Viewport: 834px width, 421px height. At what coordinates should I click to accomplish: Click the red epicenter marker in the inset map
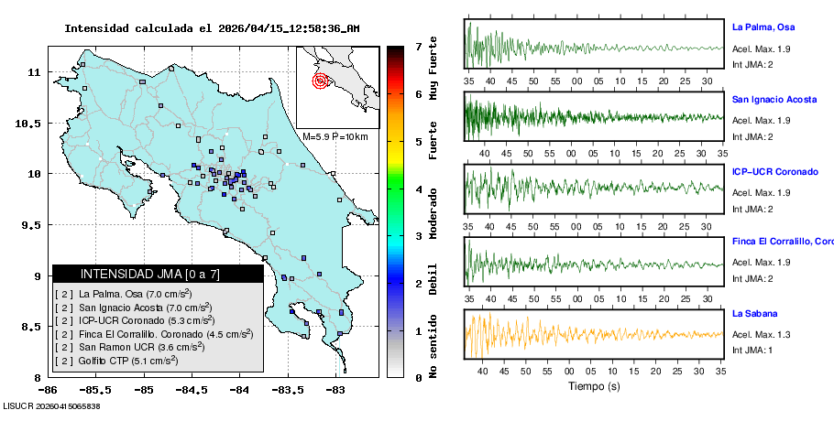[x=320, y=81]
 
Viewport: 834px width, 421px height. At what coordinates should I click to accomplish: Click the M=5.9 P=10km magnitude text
[x=335, y=136]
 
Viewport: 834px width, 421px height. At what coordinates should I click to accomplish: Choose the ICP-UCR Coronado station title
[x=774, y=172]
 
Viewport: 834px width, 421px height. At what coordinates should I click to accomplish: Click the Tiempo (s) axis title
[x=594, y=386]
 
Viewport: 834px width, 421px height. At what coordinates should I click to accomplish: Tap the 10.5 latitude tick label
[x=34, y=123]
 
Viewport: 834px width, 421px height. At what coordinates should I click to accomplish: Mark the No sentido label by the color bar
[x=433, y=347]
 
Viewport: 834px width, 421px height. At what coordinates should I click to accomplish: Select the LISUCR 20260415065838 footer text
[x=51, y=405]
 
